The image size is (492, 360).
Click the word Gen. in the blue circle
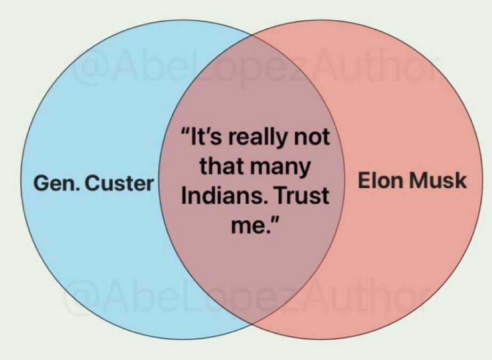coord(56,183)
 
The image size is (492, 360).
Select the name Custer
coord(119,183)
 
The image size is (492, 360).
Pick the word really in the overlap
coord(258,139)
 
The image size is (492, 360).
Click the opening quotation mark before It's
coord(185,132)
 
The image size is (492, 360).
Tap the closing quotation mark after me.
coord(274,220)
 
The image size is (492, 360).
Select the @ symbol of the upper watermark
coord(85,69)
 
